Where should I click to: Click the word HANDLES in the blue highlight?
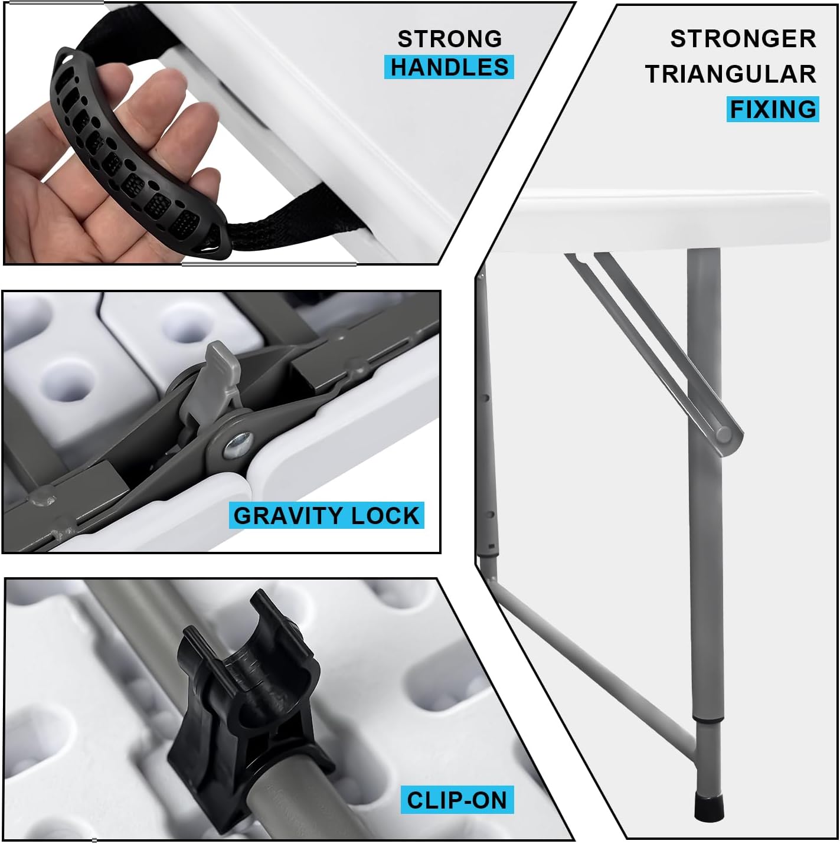(449, 67)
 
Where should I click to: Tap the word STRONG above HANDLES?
(450, 39)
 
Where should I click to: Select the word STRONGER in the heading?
(743, 39)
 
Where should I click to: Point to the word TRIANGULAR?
(730, 74)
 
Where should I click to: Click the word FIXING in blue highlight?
(773, 109)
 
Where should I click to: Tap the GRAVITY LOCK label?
(326, 515)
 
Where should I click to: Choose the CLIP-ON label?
(456, 800)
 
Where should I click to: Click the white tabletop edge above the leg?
(671, 221)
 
